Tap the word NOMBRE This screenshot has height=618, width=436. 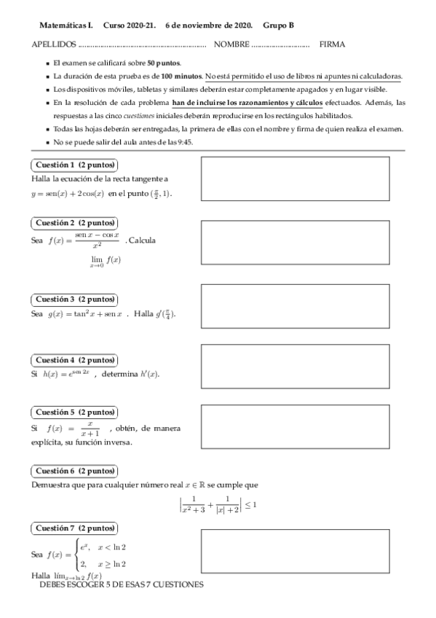click(231, 44)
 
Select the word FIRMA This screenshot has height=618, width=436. click(332, 44)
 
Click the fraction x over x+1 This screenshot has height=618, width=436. click(90, 428)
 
